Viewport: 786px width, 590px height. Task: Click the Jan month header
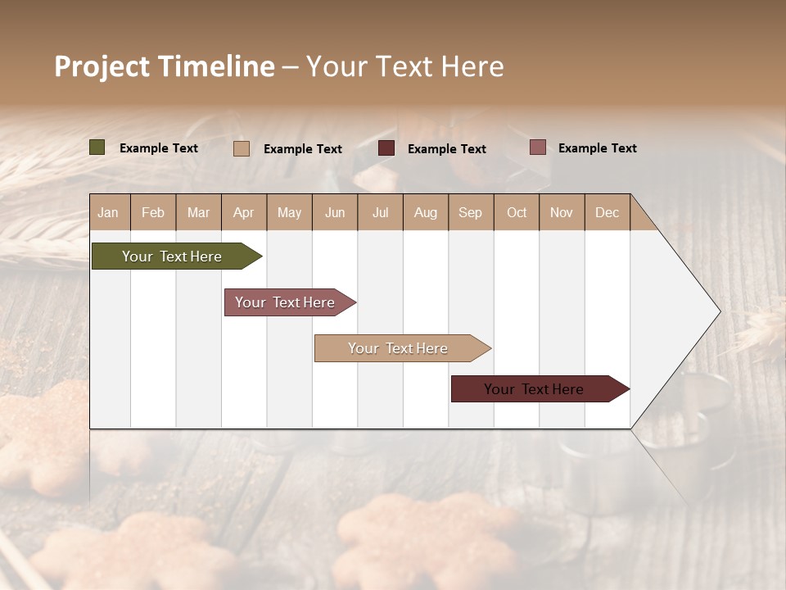[x=109, y=212]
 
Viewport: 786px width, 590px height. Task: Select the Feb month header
[x=153, y=212]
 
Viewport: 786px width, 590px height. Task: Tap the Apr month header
[x=244, y=212]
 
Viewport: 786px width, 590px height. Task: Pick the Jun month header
[x=335, y=212]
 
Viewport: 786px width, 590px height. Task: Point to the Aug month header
[x=426, y=212]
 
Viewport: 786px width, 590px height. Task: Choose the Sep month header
[x=471, y=212]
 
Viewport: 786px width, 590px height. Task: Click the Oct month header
[x=517, y=212]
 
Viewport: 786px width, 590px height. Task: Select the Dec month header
[x=608, y=212]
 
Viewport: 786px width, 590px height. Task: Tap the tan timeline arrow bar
[x=399, y=348]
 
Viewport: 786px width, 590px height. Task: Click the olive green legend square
[x=97, y=147]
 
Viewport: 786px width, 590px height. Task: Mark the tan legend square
[x=242, y=148]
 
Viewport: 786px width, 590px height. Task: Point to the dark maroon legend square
[x=386, y=148]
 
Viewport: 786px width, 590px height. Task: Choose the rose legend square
[x=538, y=147]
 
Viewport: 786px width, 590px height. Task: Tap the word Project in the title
[x=102, y=66]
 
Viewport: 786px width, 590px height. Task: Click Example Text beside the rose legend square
[x=598, y=148]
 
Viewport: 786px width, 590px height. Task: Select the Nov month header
[x=562, y=212]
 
